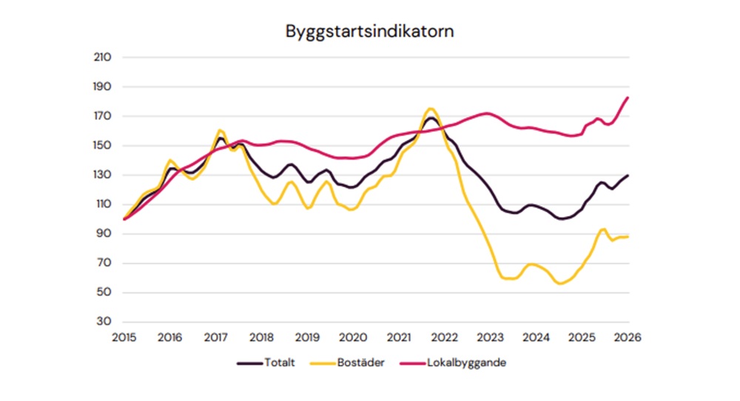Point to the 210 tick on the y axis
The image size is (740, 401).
click(x=102, y=58)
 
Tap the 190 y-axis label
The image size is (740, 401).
click(x=102, y=87)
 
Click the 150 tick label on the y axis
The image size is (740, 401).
click(x=102, y=146)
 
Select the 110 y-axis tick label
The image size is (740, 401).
click(x=102, y=205)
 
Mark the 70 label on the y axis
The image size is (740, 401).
click(x=104, y=263)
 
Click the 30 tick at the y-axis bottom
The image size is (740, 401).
click(x=104, y=323)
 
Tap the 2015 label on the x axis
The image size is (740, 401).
click(x=124, y=337)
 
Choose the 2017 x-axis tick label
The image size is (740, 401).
click(x=215, y=337)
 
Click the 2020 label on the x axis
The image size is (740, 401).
click(x=353, y=337)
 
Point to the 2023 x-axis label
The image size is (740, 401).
click(x=491, y=337)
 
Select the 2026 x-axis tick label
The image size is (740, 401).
click(x=628, y=337)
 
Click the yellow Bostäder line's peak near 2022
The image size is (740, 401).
click(x=430, y=109)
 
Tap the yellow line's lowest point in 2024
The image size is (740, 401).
click(x=562, y=283)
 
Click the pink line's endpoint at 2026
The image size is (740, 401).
click(x=628, y=98)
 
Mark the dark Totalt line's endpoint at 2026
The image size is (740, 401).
click(x=628, y=175)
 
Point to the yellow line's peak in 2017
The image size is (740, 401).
click(x=220, y=130)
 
